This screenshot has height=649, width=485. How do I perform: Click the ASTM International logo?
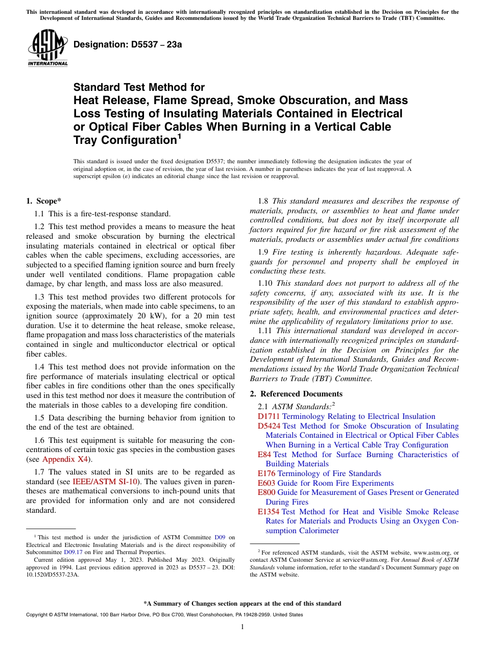coord(47,48)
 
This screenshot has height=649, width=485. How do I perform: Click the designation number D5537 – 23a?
coord(128,44)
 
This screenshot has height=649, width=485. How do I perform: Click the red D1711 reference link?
coord(269,416)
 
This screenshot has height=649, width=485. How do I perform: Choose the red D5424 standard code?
coord(269,426)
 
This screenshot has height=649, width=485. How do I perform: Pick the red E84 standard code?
coord(264,455)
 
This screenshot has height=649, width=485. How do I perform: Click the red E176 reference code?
coord(266,473)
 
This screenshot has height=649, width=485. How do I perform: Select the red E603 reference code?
coord(266,483)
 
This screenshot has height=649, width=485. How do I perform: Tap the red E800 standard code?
coord(266,492)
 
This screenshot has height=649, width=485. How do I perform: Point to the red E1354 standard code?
coord(269,512)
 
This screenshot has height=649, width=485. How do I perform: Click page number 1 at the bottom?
coord(243,627)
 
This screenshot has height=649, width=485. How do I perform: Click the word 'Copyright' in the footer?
coord(38,615)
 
